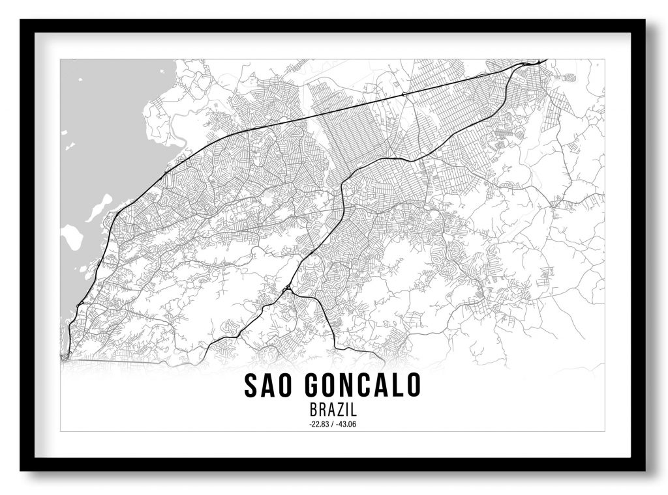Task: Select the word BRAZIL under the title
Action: (333, 412)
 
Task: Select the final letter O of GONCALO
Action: (413, 386)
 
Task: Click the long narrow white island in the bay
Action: (94, 208)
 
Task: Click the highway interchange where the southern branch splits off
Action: (288, 288)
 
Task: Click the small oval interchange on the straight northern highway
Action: (405, 95)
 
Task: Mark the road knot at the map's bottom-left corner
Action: (64, 356)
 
